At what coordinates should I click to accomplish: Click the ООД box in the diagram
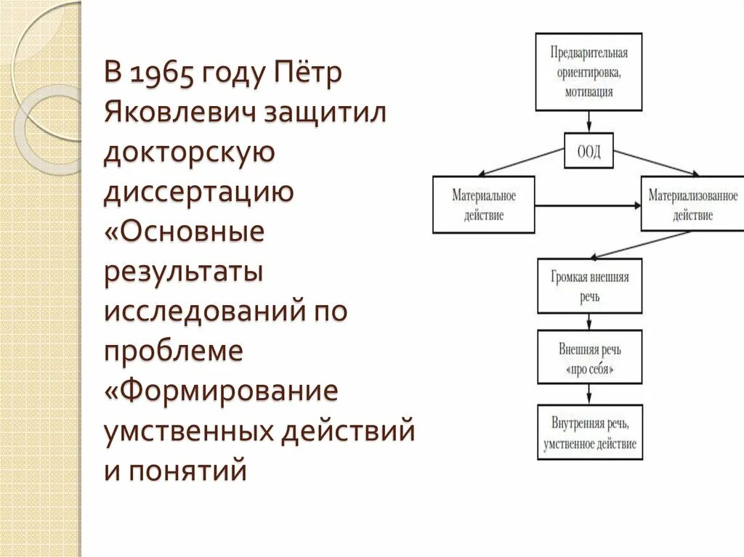589,153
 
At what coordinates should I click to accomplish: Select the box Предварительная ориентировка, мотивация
589,72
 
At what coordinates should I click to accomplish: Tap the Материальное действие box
483,205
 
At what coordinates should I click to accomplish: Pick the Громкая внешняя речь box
589,286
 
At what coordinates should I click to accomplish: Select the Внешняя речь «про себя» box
589,357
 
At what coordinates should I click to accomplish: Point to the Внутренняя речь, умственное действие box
589,432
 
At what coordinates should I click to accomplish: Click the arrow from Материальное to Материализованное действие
587,206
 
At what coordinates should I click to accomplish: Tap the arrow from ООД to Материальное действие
523,162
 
